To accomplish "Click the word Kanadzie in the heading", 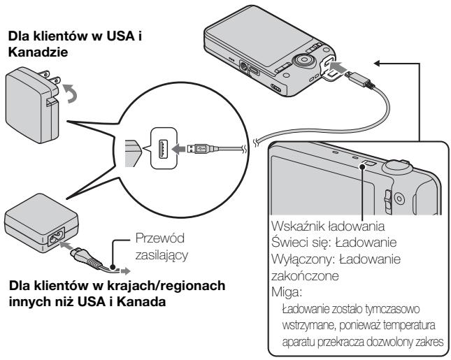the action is coord(38,52).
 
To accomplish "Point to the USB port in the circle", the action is coord(162,149).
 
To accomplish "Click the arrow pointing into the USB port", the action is coord(178,149).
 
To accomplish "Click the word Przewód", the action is coord(160,238).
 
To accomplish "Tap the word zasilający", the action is coord(162,255).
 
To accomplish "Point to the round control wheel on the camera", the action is coord(303,61).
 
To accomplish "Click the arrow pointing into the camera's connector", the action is coord(339,68).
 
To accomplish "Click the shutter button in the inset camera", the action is coord(396,166).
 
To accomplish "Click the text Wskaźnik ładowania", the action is coord(328,226).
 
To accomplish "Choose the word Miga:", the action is coord(287,292).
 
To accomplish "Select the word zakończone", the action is coord(305,276).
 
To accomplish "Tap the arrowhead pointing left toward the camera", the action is coord(378,63).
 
